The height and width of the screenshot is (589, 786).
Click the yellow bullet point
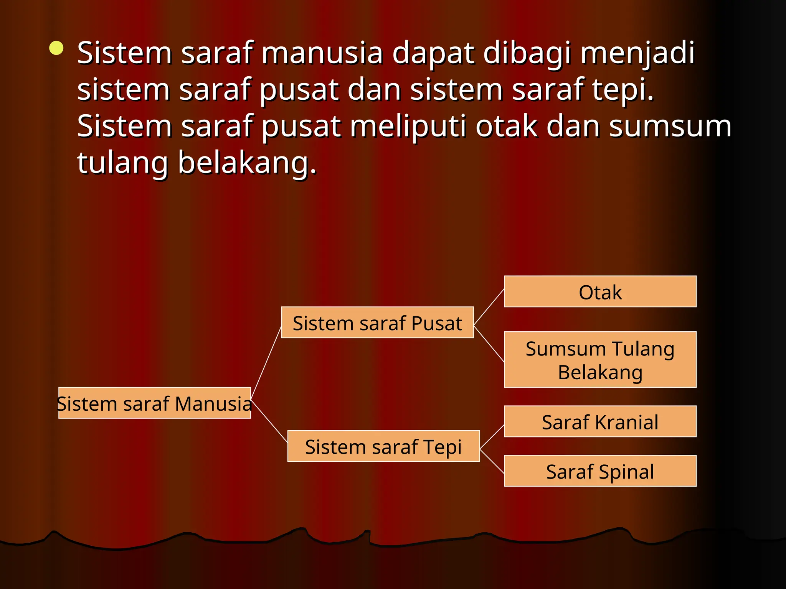(56, 48)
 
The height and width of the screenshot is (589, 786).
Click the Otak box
(600, 291)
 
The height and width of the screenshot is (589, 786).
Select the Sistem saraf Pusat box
(377, 322)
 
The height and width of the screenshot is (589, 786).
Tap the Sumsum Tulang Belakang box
(600, 360)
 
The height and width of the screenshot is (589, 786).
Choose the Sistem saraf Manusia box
(154, 403)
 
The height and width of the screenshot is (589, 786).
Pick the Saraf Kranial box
(600, 421)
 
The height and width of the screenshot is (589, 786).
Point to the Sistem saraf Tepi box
(383, 446)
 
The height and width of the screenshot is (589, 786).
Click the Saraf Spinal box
(600, 471)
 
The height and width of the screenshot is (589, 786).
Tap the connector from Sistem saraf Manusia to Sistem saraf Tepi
(269, 420)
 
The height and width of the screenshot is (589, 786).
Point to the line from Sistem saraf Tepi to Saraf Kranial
(492, 436)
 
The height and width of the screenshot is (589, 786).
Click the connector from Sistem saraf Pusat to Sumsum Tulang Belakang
(489, 344)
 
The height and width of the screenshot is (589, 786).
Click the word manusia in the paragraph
(322, 53)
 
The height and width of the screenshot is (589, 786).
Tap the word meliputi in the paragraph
(408, 127)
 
